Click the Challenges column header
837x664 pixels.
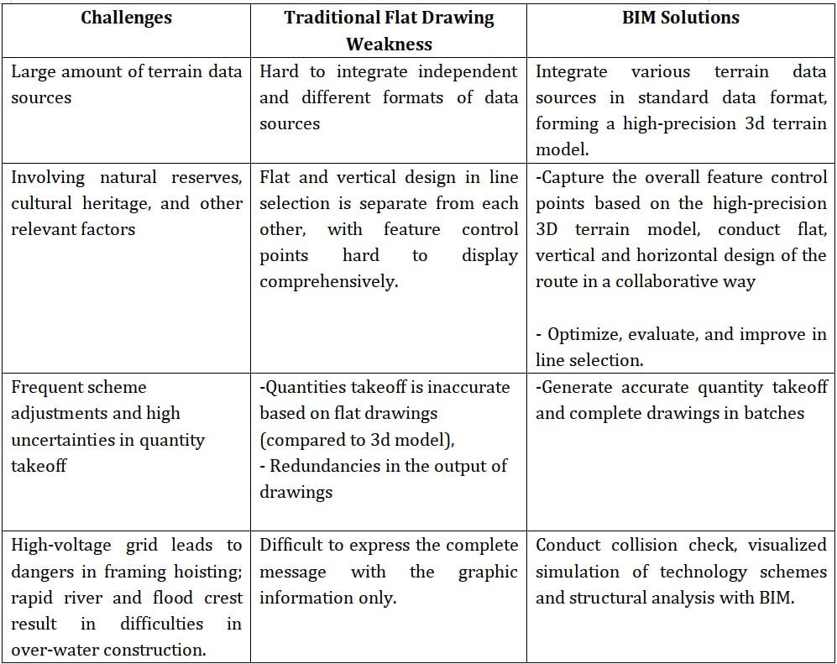click(x=127, y=18)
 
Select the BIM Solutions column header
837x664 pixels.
click(x=681, y=18)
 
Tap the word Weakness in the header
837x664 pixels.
click(x=389, y=44)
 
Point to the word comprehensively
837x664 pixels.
click(x=328, y=282)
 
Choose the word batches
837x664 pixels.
click(x=770, y=413)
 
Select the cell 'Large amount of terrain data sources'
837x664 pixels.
click(x=126, y=84)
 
